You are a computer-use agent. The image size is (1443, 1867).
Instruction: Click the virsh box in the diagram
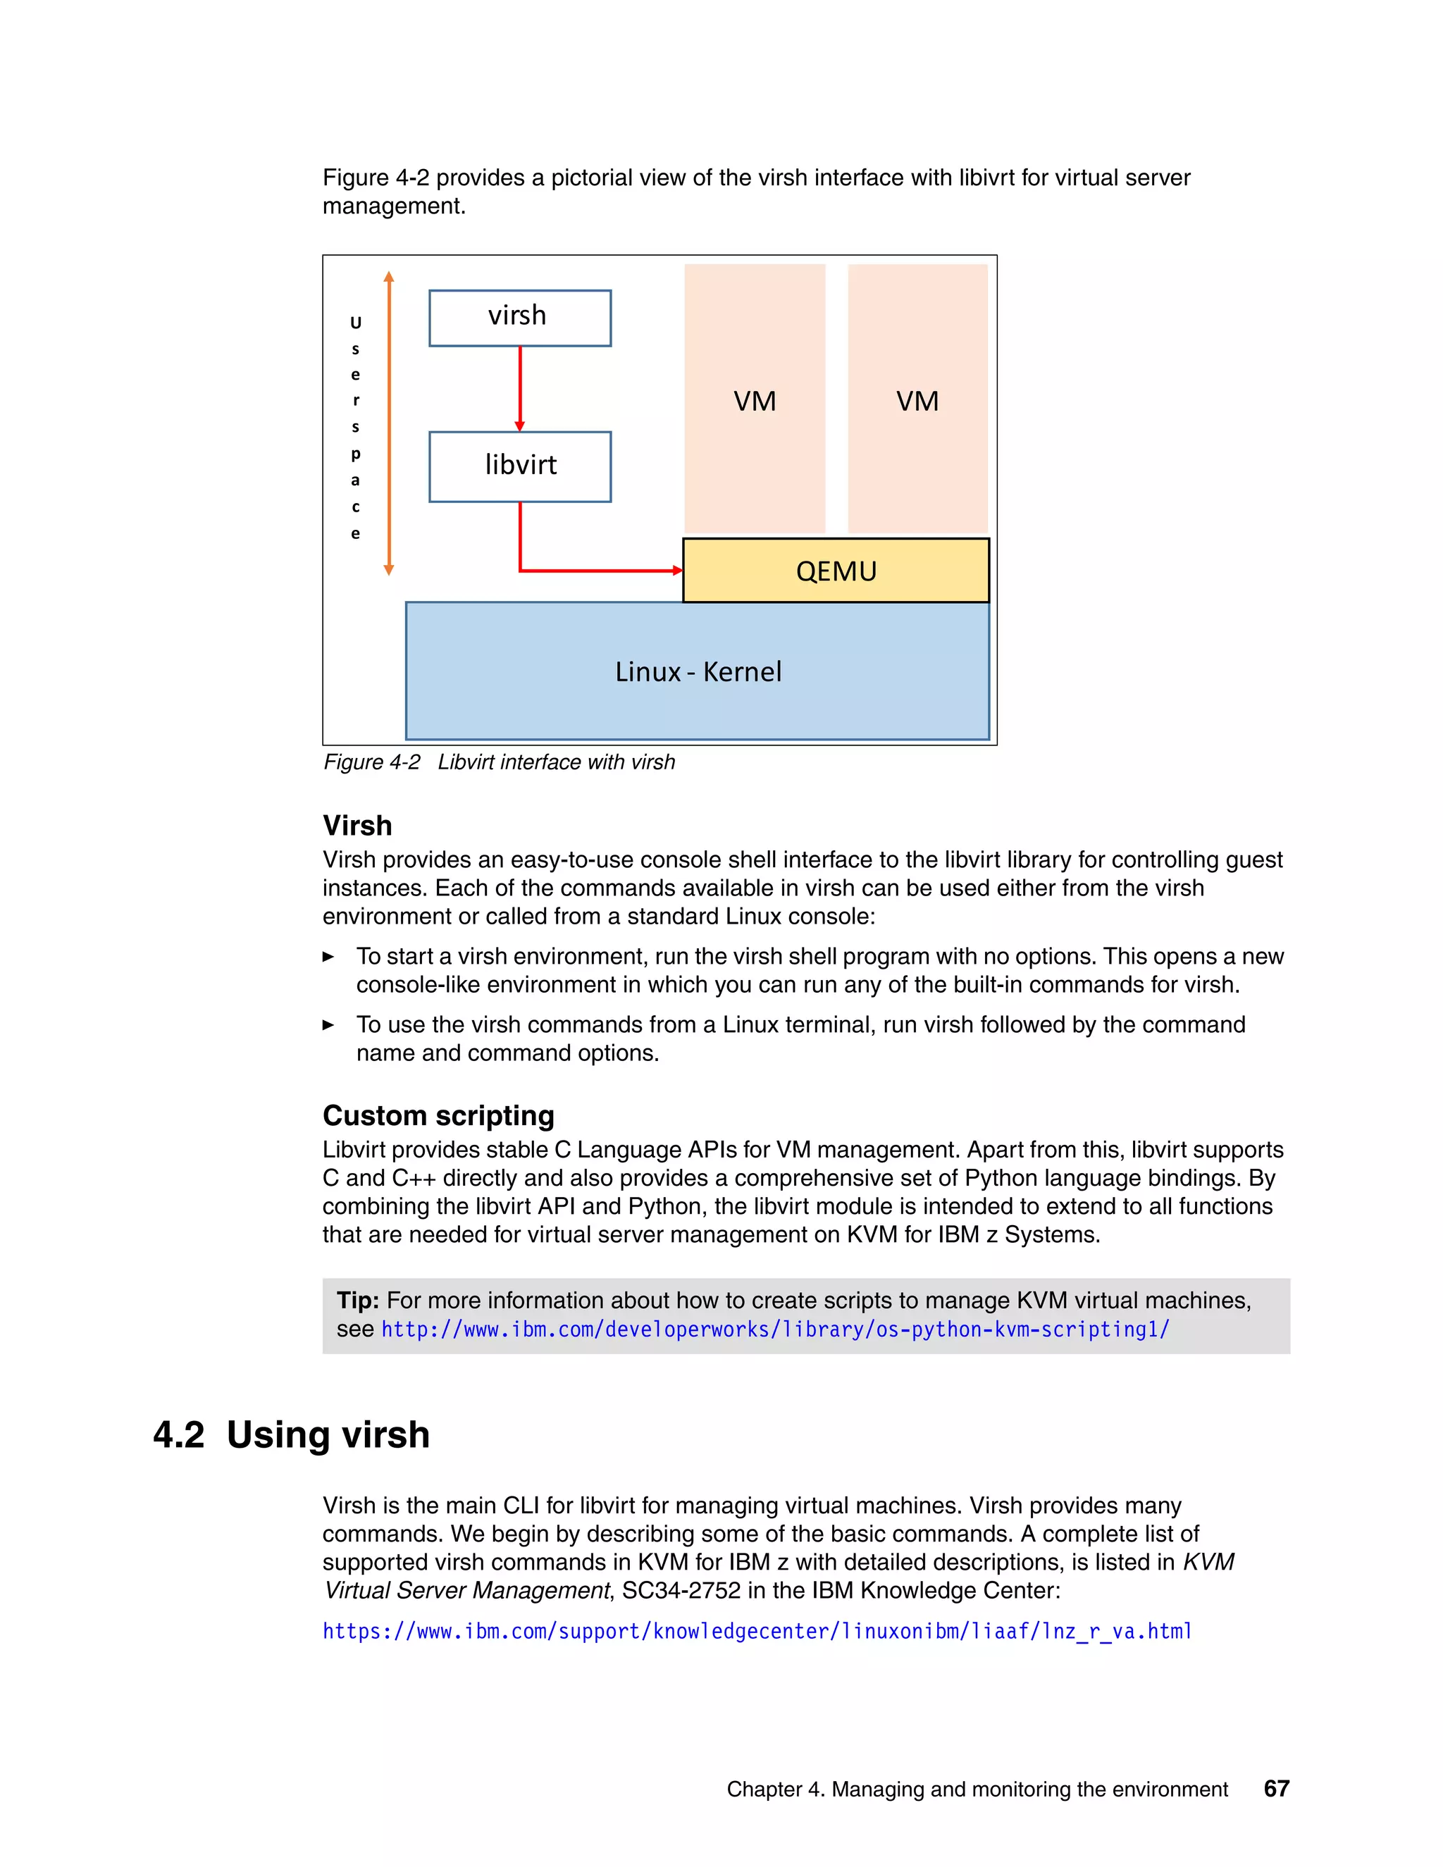[520, 317]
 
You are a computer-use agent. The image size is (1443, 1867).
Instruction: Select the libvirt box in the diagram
[520, 466]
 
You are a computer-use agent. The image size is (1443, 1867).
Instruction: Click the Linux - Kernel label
[698, 672]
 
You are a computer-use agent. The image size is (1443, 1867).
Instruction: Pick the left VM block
[754, 400]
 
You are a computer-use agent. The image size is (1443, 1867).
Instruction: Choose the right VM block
[917, 400]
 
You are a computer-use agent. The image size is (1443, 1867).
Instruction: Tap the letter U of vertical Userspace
[356, 323]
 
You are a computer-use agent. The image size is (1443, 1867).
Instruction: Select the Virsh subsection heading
[357, 826]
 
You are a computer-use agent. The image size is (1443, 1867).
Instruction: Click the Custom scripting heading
[438, 1115]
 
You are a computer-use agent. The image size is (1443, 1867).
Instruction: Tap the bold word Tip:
[357, 1301]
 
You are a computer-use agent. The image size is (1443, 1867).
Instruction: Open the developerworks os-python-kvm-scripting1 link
[774, 1329]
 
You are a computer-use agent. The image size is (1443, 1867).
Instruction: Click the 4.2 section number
[179, 1435]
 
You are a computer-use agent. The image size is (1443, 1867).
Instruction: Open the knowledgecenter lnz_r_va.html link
[757, 1631]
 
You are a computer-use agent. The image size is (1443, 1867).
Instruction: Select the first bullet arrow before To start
[328, 957]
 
